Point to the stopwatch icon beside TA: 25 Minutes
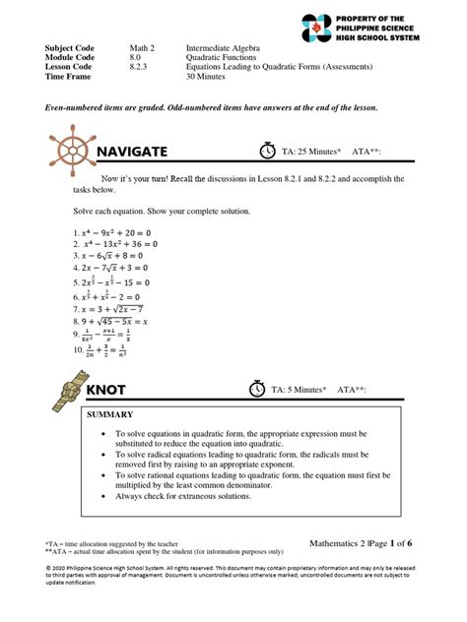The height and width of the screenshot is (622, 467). point(268,151)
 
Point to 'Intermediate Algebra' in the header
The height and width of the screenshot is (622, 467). point(232,48)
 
